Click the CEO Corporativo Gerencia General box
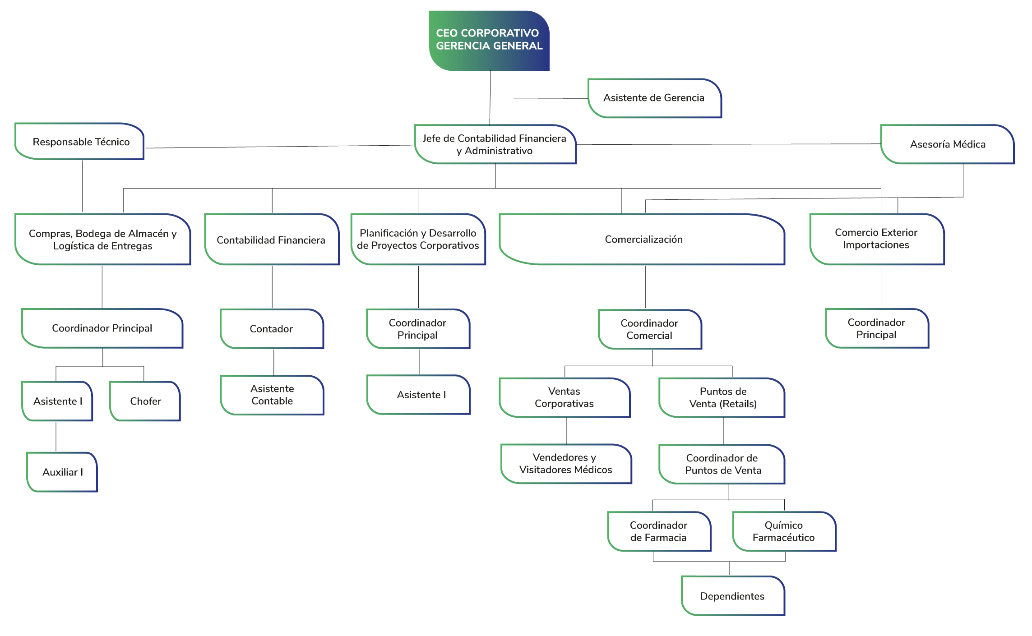[x=489, y=41]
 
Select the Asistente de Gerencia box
[x=654, y=98]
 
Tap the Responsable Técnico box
[x=79, y=141]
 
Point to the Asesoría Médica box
[x=947, y=144]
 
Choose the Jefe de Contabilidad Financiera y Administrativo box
[x=495, y=144]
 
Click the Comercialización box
[x=642, y=239]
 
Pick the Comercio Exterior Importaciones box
[x=877, y=239]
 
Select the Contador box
[x=272, y=329]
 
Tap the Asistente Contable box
[x=272, y=395]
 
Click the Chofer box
[x=145, y=401]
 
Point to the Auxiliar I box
[x=62, y=472]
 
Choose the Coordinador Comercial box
[x=650, y=329]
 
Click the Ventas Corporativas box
[x=565, y=398]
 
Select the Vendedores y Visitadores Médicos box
[x=566, y=464]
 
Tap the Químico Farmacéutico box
[x=784, y=531]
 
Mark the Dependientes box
[x=733, y=596]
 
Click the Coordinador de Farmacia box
[x=659, y=531]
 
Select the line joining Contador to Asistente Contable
[x=273, y=362]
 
